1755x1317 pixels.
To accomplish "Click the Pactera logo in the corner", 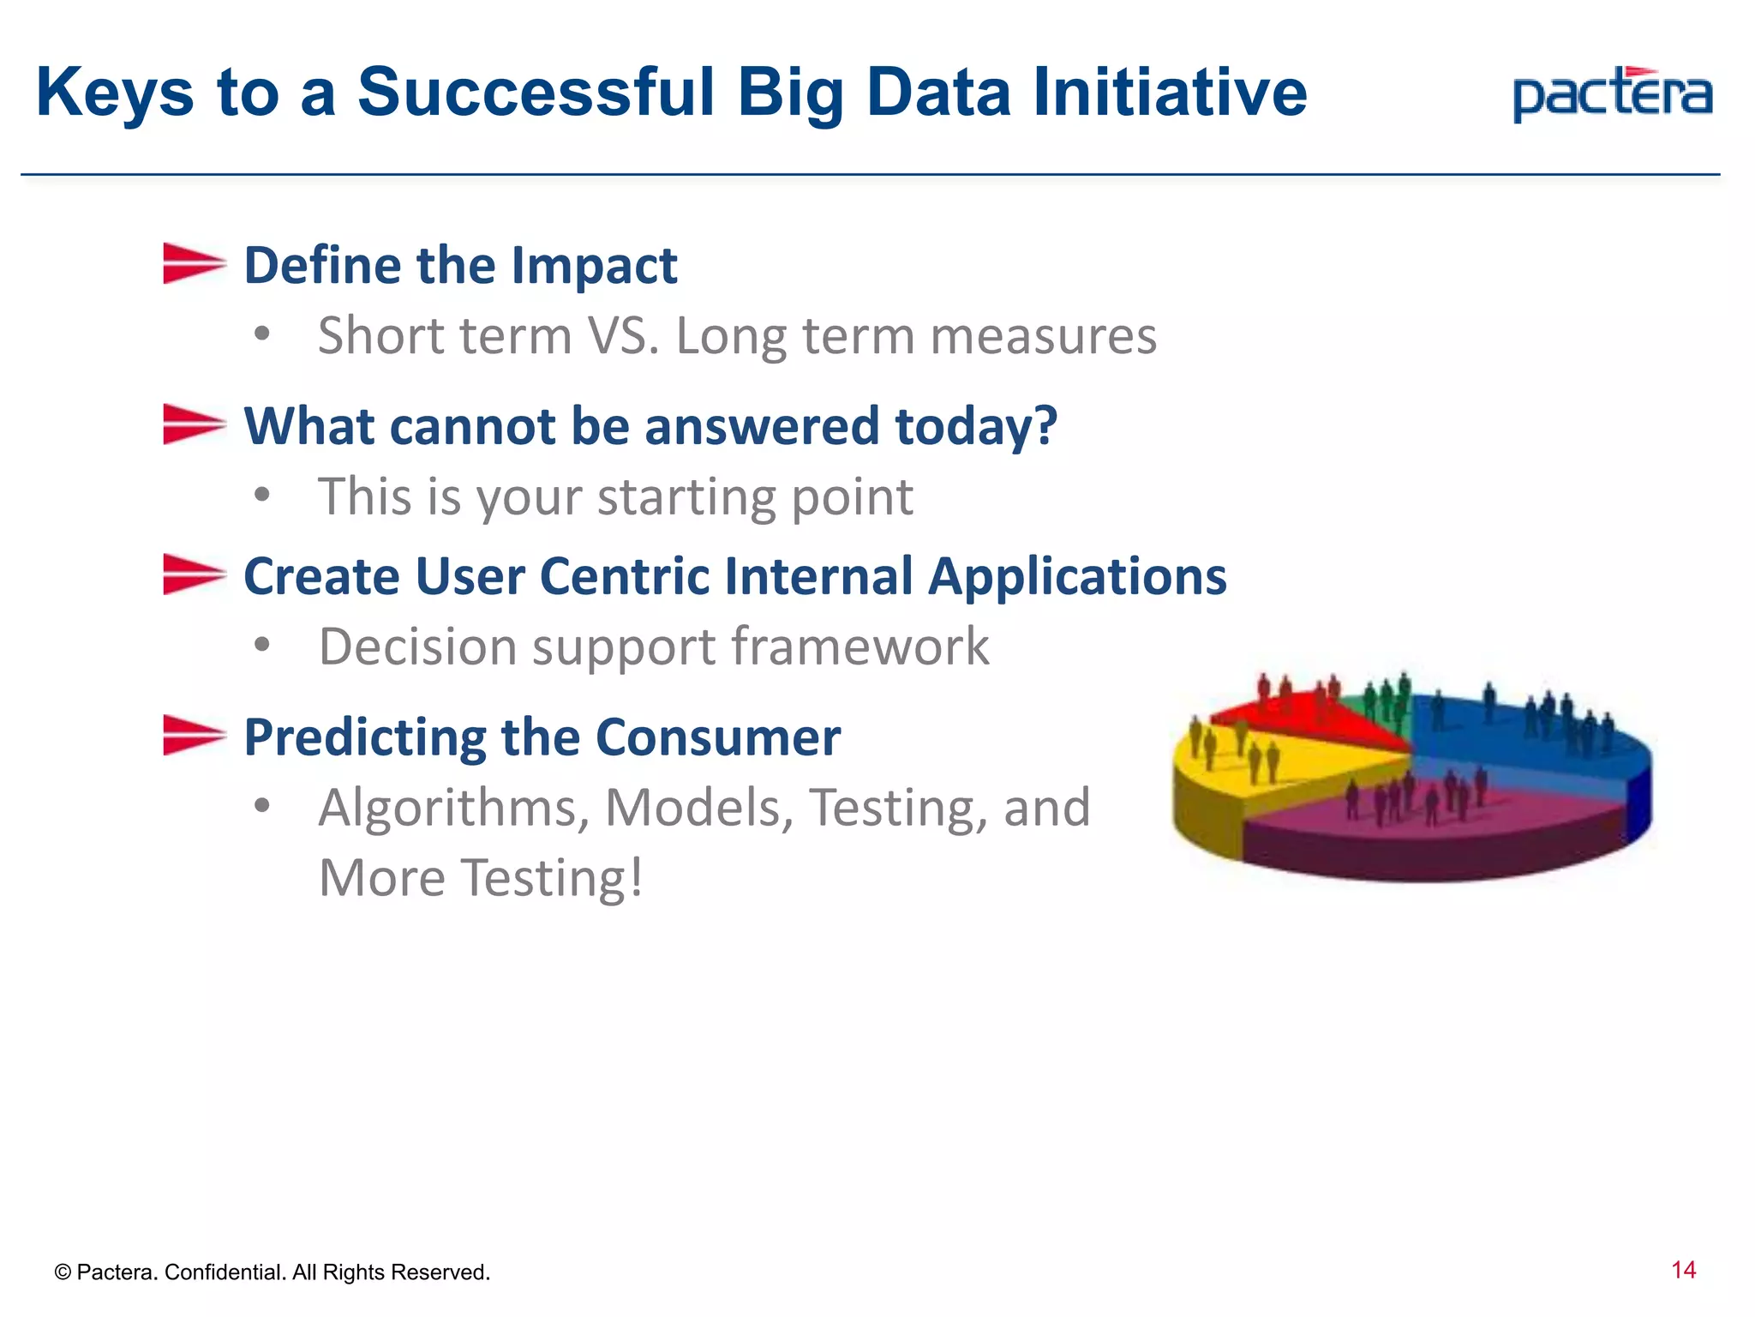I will click(1612, 95).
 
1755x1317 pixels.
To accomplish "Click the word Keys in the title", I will click(115, 93).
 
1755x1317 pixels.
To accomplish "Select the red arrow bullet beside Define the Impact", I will click(194, 263).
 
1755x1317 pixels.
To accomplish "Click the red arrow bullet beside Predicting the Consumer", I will click(194, 736).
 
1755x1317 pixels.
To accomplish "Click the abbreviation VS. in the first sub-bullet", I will click(623, 335).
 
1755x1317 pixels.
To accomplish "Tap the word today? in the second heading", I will click(976, 426).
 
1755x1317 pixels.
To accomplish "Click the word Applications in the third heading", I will click(1077, 576).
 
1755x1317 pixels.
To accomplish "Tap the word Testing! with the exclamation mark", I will click(553, 878).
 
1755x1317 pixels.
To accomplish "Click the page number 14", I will click(1683, 1270).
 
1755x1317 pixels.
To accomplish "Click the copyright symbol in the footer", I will click(63, 1272).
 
